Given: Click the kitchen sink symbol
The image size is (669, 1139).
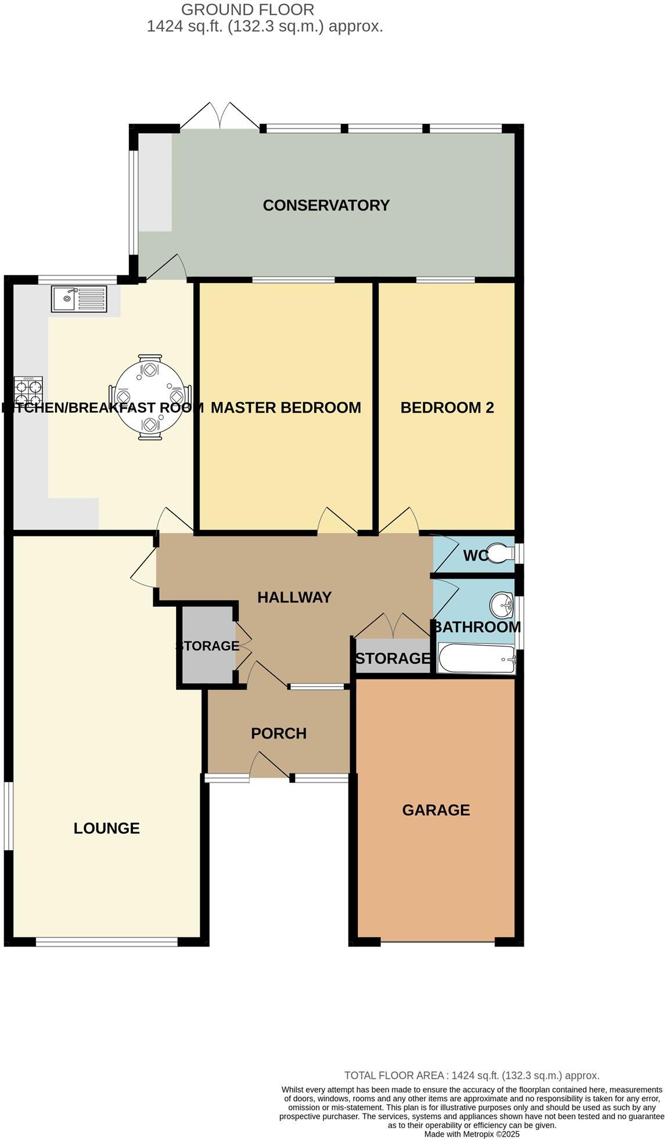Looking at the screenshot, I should pyautogui.click(x=79, y=299).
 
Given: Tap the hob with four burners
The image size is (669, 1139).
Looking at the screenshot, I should pyautogui.click(x=28, y=391).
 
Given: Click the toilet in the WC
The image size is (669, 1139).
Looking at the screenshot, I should pyautogui.click(x=499, y=553).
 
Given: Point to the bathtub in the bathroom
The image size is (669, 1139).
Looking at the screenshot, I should pyautogui.click(x=476, y=658).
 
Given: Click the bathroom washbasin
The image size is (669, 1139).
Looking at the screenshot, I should pyautogui.click(x=501, y=606).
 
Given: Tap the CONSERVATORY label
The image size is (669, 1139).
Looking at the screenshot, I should pyautogui.click(x=326, y=205).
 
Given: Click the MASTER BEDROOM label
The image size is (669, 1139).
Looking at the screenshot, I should pyautogui.click(x=286, y=407).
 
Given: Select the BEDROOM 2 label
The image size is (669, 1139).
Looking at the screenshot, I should pyautogui.click(x=447, y=407).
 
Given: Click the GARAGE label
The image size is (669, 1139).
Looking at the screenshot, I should pyautogui.click(x=436, y=810).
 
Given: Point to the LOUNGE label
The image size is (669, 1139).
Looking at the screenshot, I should pyautogui.click(x=106, y=828).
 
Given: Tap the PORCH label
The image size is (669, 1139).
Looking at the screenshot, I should pyautogui.click(x=279, y=733).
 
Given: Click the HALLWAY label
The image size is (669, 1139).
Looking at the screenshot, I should pyautogui.click(x=294, y=597).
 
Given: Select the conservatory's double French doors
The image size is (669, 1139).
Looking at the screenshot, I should pyautogui.click(x=220, y=117).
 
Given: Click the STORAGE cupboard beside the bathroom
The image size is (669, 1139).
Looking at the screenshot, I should pyautogui.click(x=393, y=658).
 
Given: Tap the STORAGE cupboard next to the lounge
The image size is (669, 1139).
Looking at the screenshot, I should pyautogui.click(x=207, y=646).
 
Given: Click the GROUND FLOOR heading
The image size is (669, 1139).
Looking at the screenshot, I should pyautogui.click(x=248, y=10).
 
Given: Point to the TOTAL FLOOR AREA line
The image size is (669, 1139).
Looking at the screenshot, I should pyautogui.click(x=472, y=1076).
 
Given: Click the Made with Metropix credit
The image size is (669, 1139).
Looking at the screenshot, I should pyautogui.click(x=472, y=1134).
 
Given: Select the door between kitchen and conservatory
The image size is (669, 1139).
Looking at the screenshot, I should pyautogui.click(x=167, y=268).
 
